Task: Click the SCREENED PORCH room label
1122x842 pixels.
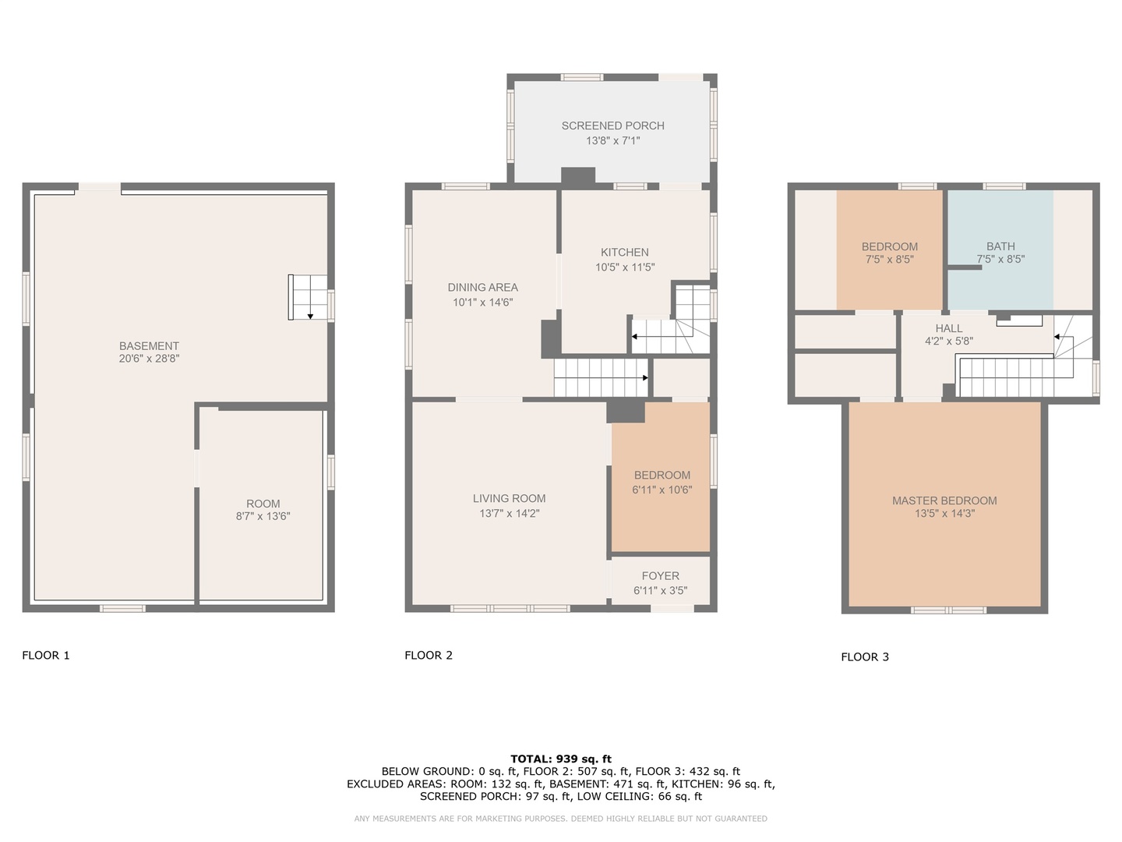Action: (612, 126)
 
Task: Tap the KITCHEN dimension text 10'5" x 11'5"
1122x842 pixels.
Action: (625, 267)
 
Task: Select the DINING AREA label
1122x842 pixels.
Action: (482, 288)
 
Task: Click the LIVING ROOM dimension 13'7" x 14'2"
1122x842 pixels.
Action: (509, 514)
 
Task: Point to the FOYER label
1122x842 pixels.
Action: (660, 576)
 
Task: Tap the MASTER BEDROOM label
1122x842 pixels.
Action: (944, 501)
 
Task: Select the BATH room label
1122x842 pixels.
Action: (1000, 246)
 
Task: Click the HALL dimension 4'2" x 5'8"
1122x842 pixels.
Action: (948, 341)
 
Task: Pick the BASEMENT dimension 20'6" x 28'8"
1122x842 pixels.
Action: (149, 359)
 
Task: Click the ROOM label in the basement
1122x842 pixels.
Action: (263, 504)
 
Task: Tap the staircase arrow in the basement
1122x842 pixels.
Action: (310, 315)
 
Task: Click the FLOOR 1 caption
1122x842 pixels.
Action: (46, 656)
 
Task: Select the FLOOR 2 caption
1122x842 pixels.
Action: (429, 656)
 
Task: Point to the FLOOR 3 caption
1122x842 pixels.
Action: (865, 657)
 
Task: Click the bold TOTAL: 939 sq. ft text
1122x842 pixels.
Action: (561, 759)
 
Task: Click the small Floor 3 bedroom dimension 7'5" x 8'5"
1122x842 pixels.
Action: (889, 260)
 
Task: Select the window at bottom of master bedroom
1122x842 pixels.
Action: (948, 610)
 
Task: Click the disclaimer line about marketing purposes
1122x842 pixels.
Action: (561, 819)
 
